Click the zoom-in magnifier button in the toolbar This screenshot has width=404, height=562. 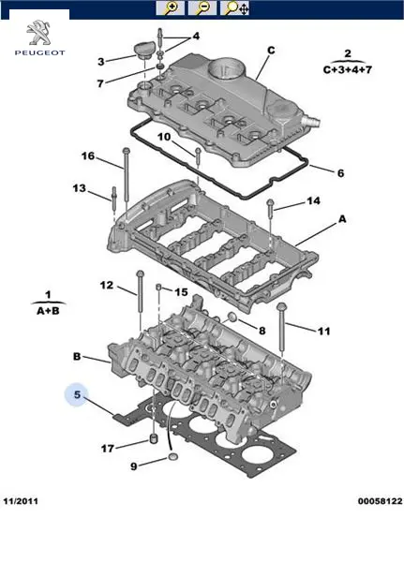tap(170, 7)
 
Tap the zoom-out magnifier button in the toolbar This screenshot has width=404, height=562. tap(202, 7)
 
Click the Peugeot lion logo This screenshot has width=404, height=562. tap(39, 33)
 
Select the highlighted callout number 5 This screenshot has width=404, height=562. tap(77, 394)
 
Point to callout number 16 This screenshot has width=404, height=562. tap(88, 155)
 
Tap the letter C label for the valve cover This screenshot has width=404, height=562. tap(271, 51)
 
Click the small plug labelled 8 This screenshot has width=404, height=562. tap(232, 318)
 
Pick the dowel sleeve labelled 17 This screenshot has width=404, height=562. tap(154, 437)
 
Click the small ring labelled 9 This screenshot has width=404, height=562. tap(173, 457)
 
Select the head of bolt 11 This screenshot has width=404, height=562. tap(281, 307)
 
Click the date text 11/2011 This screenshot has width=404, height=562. tap(21, 501)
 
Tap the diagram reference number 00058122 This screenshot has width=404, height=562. tap(380, 501)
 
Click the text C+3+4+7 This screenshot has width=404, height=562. tap(348, 69)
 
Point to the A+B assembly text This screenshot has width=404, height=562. tap(48, 310)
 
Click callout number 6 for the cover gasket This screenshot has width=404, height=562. tap(340, 173)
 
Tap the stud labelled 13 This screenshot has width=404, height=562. tap(114, 200)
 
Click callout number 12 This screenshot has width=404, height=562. tap(107, 285)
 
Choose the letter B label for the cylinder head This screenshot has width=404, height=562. tap(77, 356)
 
